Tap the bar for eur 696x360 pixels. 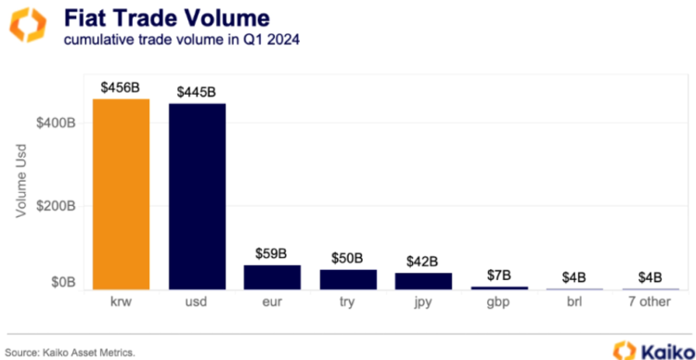tap(272, 277)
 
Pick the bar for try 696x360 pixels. tap(348, 279)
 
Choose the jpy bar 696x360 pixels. tap(423, 281)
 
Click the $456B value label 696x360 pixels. tap(121, 86)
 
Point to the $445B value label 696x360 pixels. tap(197, 91)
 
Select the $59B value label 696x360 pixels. tap(272, 253)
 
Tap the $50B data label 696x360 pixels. tap(348, 257)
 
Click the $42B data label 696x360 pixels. tap(423, 261)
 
